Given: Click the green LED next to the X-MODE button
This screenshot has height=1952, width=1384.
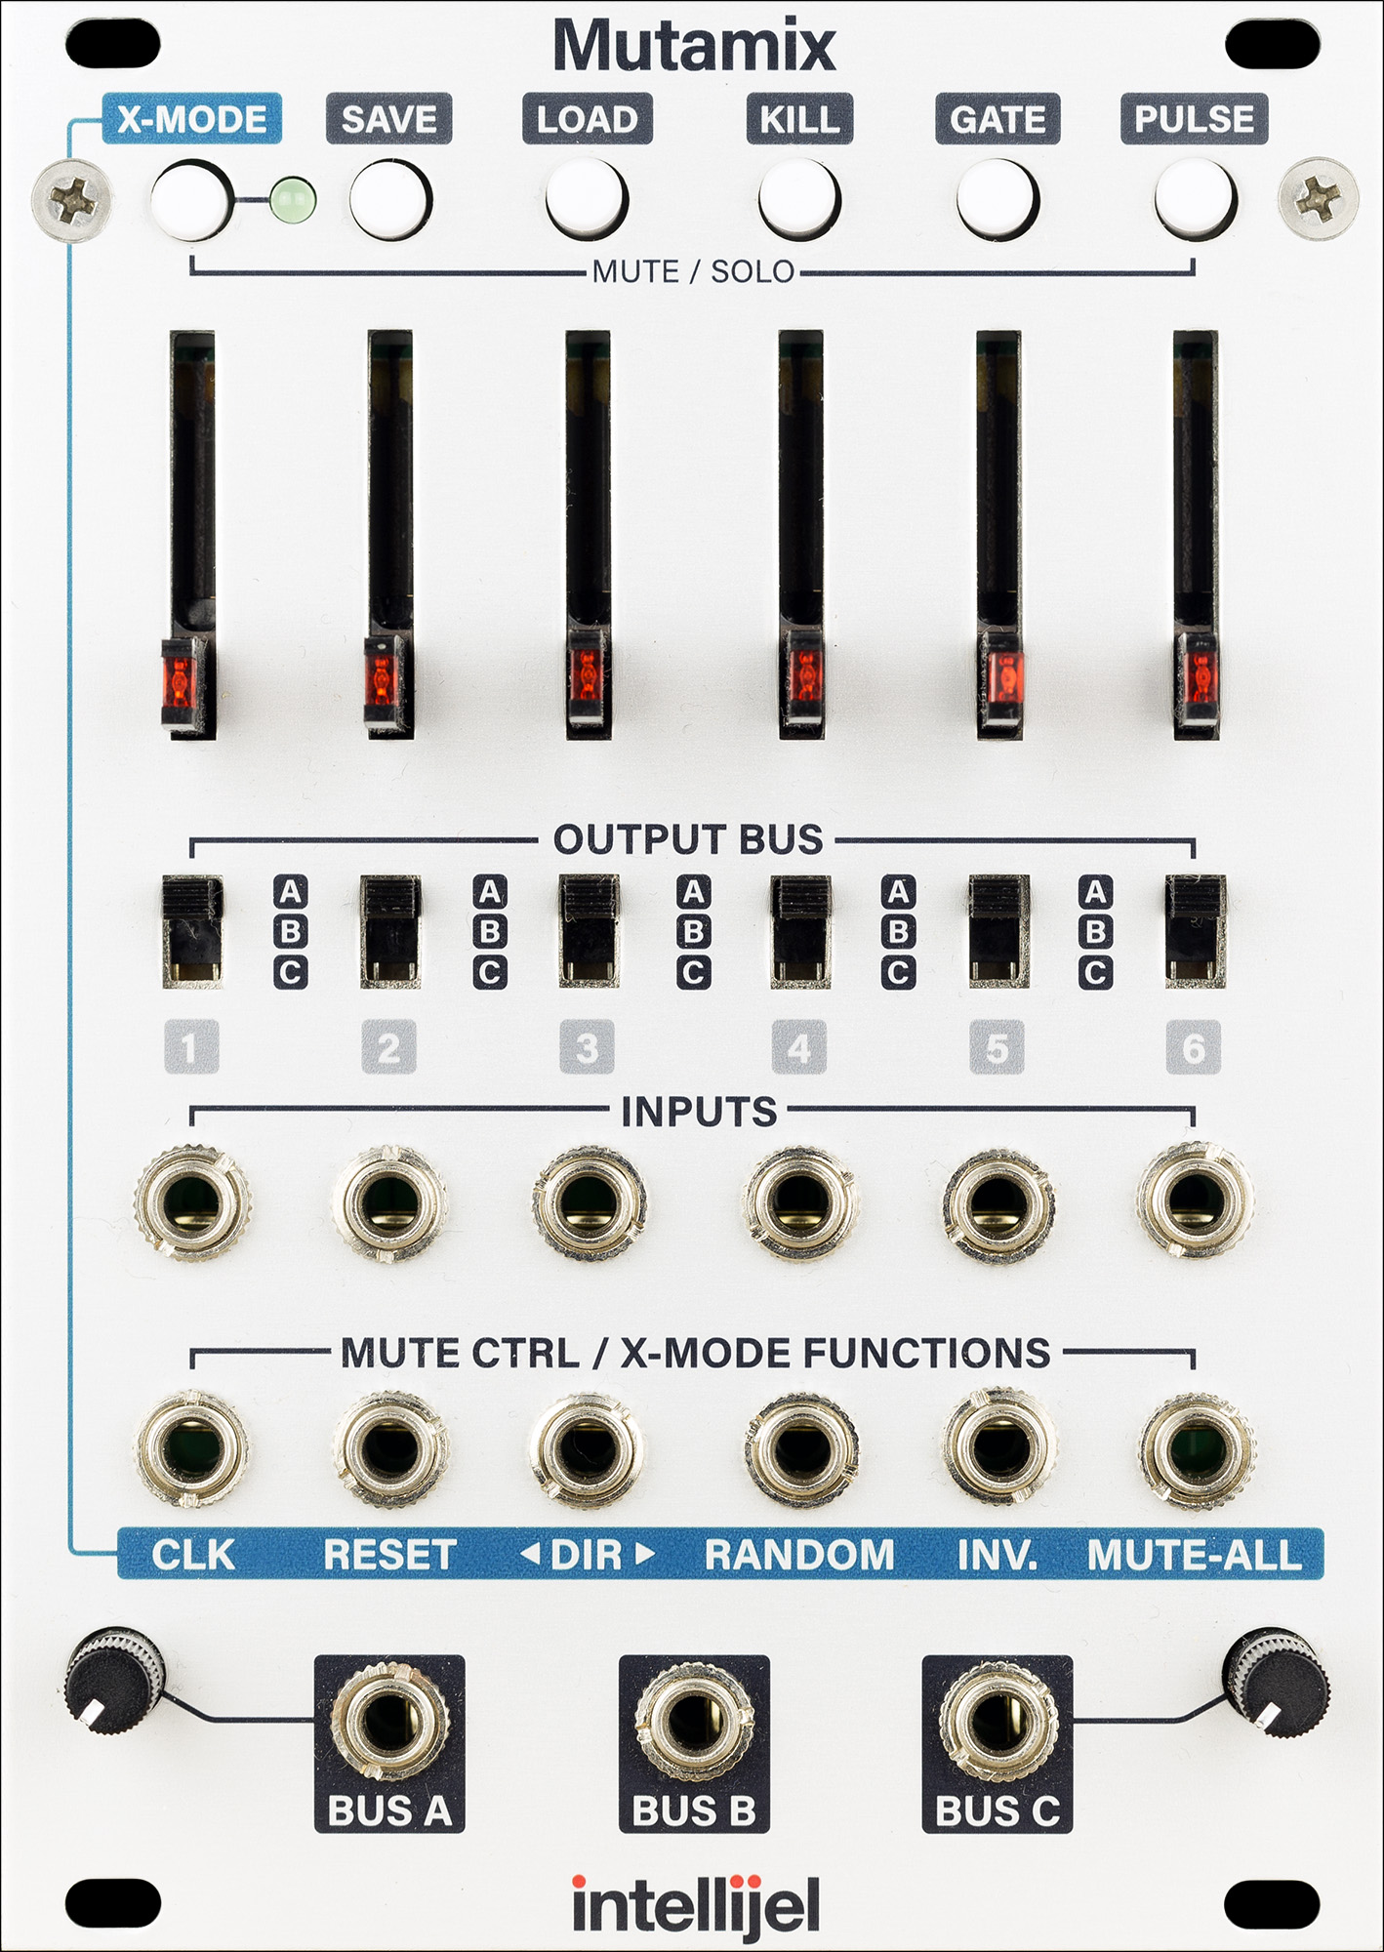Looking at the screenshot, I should click(x=293, y=200).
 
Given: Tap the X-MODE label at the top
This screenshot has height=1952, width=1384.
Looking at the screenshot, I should click(x=191, y=119).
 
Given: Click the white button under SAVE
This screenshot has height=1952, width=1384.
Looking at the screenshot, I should click(x=388, y=199).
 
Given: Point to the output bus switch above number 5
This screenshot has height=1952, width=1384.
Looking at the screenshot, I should click(x=998, y=931).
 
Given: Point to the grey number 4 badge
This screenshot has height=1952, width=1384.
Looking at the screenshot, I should click(x=798, y=1048).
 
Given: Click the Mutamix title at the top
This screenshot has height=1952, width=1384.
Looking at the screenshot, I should click(x=694, y=45).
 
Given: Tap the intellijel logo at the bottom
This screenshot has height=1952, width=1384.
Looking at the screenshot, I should click(x=695, y=1905).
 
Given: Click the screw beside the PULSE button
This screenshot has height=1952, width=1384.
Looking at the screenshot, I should click(x=1318, y=197).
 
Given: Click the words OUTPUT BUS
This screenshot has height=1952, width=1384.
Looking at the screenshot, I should click(x=689, y=839).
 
